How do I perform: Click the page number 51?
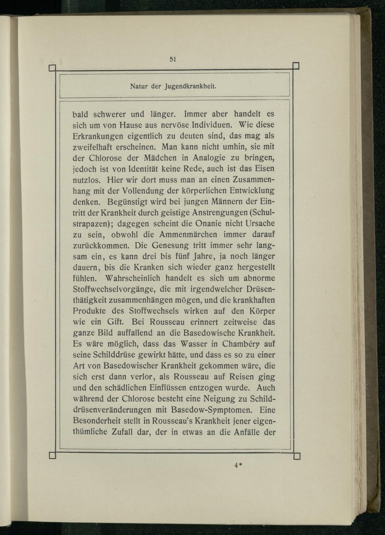tap(172, 59)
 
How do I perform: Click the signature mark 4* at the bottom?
tap(238, 465)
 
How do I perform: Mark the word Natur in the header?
tap(139, 86)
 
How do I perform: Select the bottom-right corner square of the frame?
tap(296, 456)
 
